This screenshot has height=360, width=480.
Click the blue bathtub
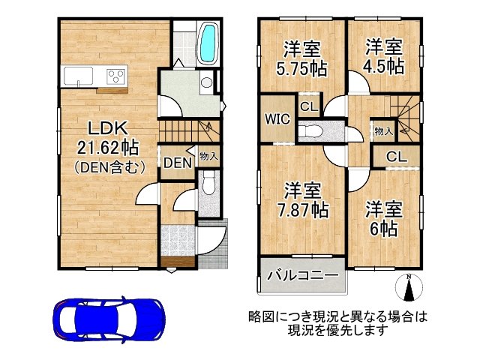point(207,43)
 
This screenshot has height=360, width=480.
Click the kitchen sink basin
point(78,76)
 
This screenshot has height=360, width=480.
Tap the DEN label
point(175,162)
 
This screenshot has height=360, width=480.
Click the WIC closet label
point(274,118)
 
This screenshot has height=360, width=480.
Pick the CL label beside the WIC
point(307,106)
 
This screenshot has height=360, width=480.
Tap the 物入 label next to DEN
point(208,157)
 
